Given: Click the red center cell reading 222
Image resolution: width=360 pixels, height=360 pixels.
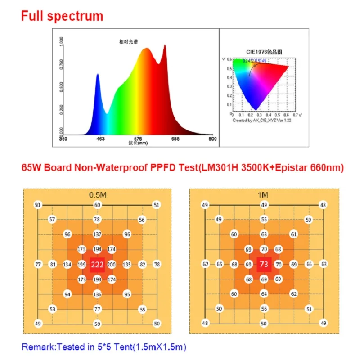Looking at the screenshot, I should [97, 264].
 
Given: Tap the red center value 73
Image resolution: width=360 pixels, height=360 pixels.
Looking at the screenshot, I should [264, 264].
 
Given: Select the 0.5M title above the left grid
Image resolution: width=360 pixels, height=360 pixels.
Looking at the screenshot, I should [97, 195].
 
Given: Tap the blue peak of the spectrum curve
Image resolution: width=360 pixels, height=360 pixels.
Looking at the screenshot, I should [97, 75].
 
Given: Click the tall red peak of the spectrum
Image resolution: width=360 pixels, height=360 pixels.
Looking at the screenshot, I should [164, 46].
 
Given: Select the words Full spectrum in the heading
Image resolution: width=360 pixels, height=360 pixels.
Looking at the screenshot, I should [62, 16].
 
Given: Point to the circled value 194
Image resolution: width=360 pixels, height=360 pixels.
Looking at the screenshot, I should [97, 249].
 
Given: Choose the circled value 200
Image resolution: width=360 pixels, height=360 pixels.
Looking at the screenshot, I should [112, 264].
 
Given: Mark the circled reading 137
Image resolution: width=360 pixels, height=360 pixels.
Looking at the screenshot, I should [97, 234].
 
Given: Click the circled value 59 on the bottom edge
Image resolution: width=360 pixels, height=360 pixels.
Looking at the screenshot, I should [97, 324].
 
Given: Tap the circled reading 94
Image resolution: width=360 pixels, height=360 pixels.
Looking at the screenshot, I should [67, 294].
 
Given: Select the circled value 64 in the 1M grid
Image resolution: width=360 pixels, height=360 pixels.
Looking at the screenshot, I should [264, 294].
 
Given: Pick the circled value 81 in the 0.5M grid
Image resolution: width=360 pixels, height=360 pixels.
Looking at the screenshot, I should [53, 264].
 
